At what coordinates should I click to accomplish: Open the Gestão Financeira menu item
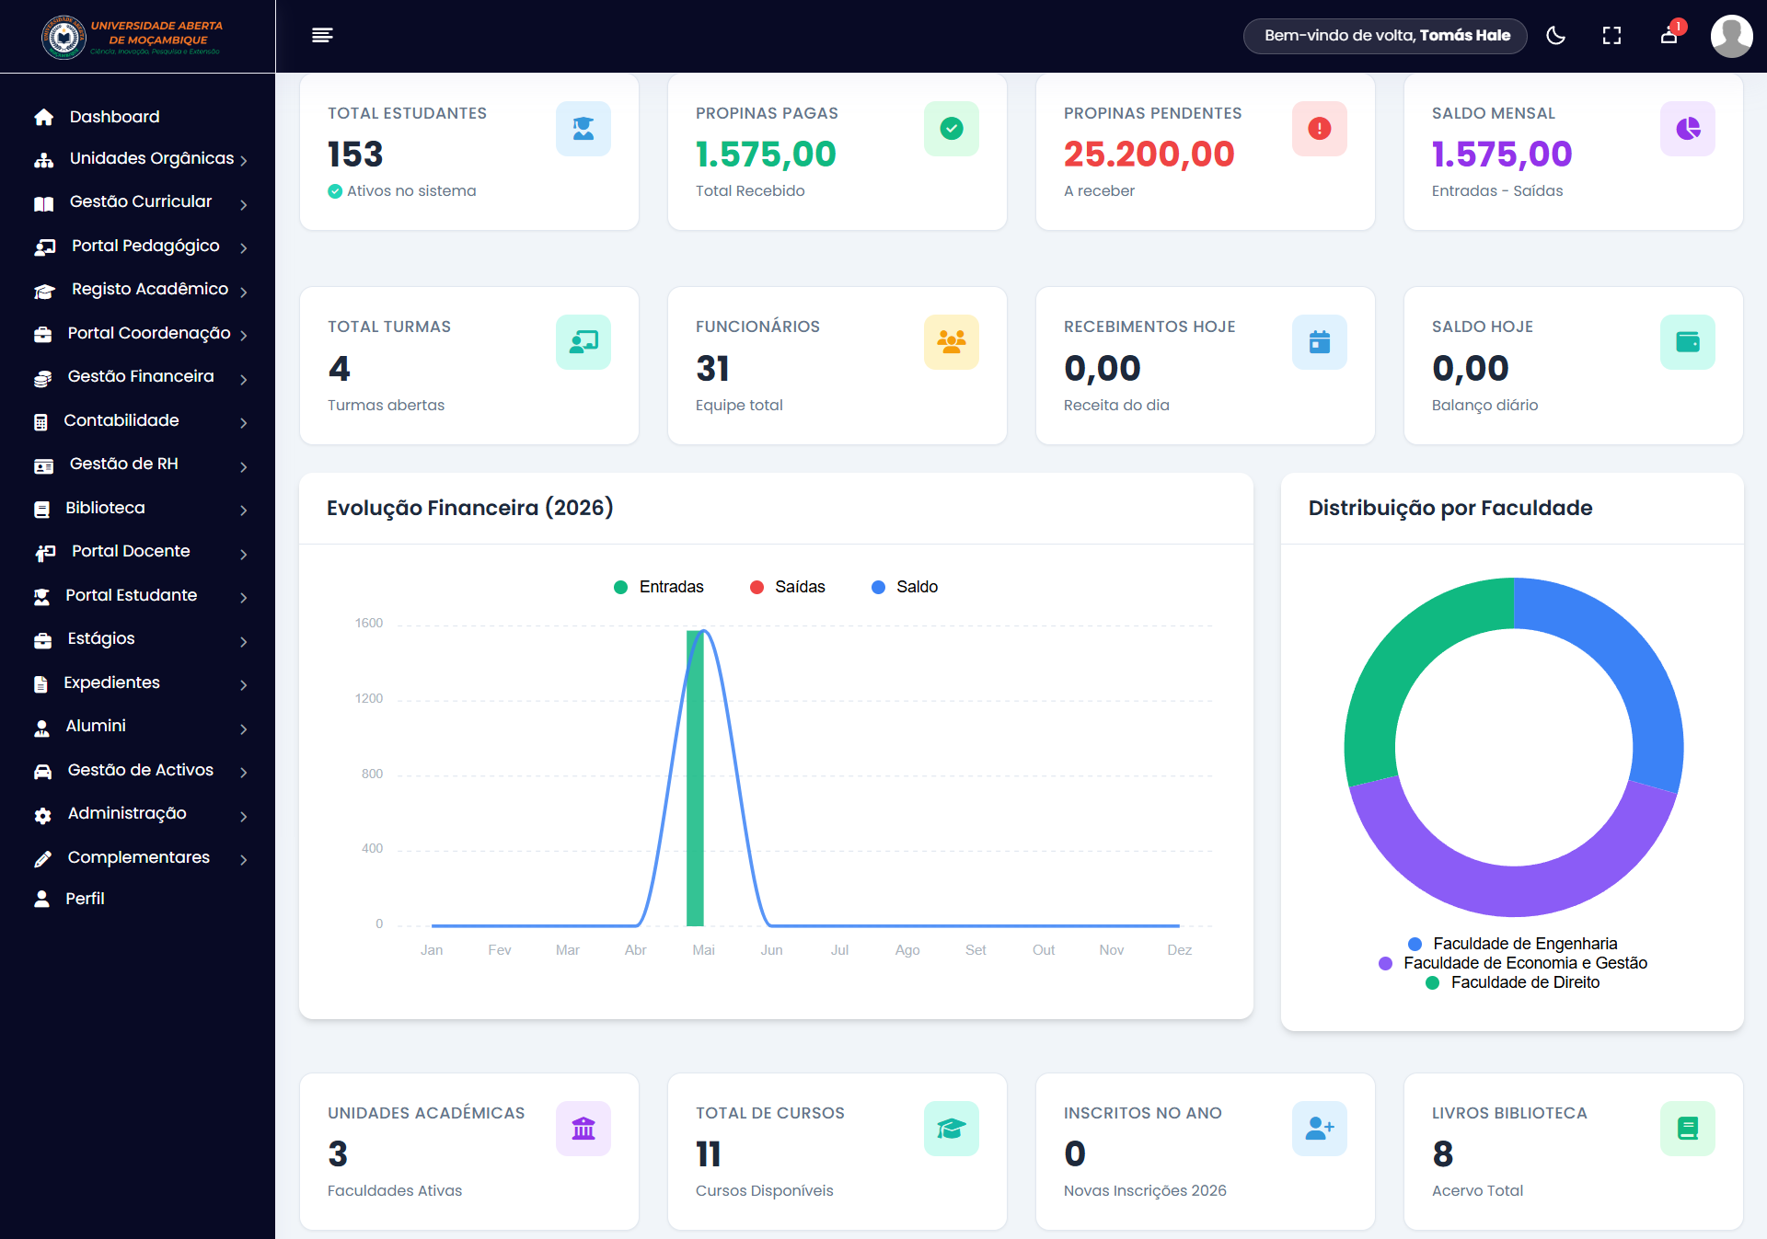pyautogui.click(x=141, y=376)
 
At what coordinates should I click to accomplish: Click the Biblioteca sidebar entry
pyautogui.click(x=105, y=508)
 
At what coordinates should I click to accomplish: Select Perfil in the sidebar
pyautogui.click(x=85, y=899)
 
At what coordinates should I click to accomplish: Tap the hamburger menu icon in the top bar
pyautogui.click(x=322, y=35)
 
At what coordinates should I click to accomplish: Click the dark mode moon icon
pyautogui.click(x=1555, y=36)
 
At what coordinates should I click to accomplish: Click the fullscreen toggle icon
pyautogui.click(x=1611, y=36)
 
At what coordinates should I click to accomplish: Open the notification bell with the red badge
pyautogui.click(x=1669, y=35)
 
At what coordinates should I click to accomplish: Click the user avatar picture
pyautogui.click(x=1731, y=36)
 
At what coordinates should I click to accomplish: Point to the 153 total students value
pyautogui.click(x=355, y=154)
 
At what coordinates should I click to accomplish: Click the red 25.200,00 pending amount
pyautogui.click(x=1149, y=154)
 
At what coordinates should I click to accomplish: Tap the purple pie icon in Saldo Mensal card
pyautogui.click(x=1688, y=129)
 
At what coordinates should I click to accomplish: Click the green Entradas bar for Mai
pyautogui.click(x=695, y=778)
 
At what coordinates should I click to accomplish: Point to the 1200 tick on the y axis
pyautogui.click(x=369, y=698)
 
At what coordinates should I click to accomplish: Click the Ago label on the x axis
pyautogui.click(x=907, y=950)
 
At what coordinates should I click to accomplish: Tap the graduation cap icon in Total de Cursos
pyautogui.click(x=952, y=1129)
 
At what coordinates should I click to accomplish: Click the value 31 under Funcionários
pyautogui.click(x=712, y=368)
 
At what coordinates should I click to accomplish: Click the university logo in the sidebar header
pyautogui.click(x=64, y=37)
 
